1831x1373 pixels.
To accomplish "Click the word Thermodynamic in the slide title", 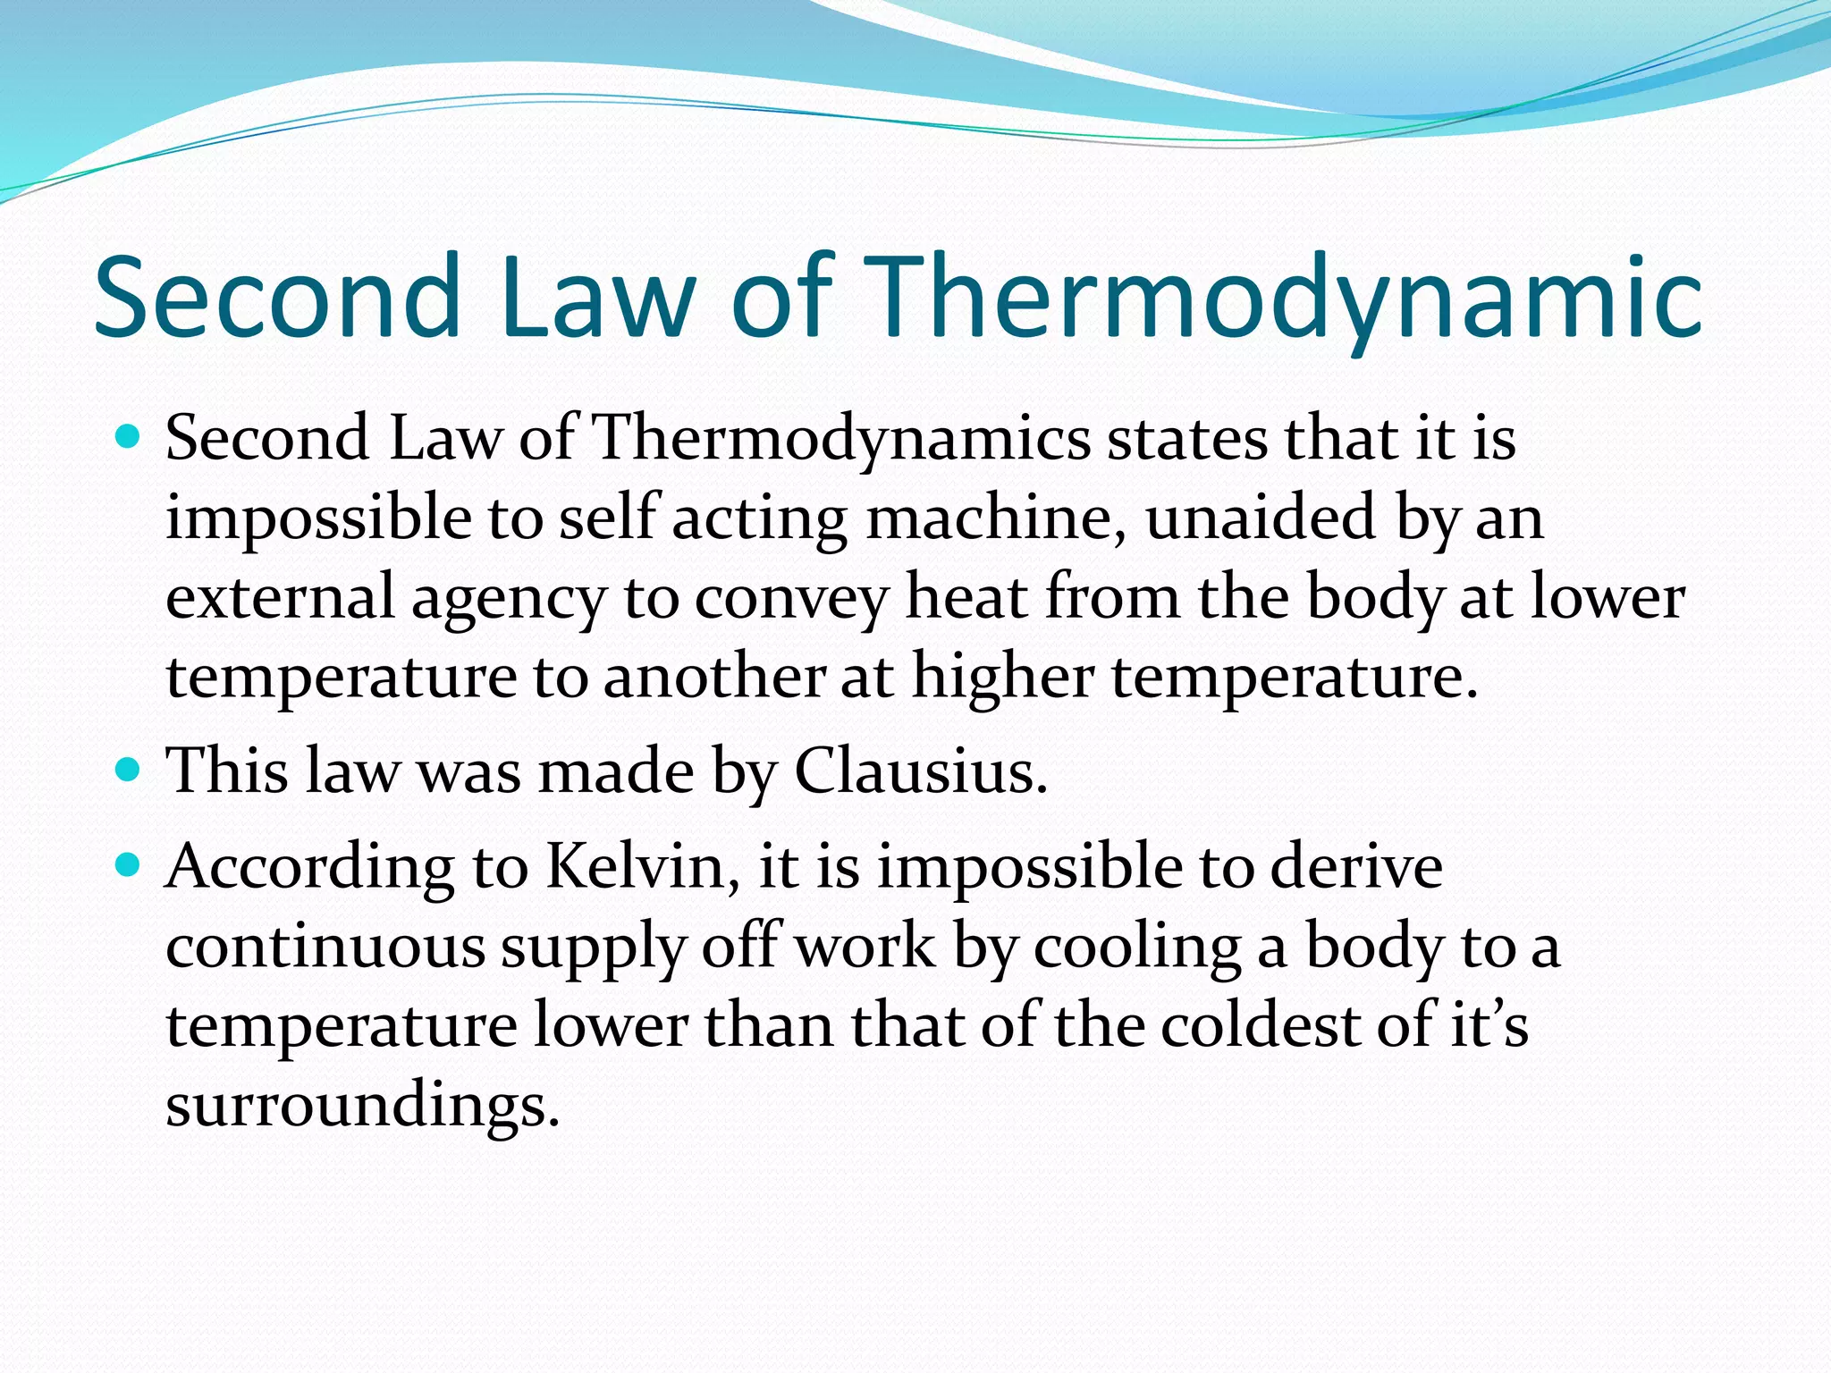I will point(1283,299).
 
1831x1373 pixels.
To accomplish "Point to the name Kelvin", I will point(642,866).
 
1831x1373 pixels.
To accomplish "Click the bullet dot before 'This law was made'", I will point(130,768).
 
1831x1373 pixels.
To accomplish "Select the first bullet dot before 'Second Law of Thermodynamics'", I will point(130,437).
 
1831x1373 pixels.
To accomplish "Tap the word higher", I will point(1002,677).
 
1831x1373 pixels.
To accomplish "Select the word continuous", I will point(325,947).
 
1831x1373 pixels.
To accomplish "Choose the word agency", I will point(509,599).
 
